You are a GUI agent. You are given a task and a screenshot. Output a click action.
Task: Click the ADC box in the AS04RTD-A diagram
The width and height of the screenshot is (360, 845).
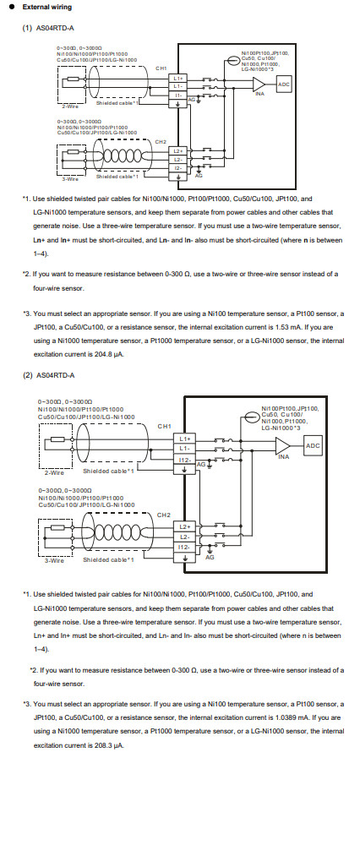pos(284,84)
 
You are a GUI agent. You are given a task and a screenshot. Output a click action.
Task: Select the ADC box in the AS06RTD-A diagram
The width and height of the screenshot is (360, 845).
pos(312,445)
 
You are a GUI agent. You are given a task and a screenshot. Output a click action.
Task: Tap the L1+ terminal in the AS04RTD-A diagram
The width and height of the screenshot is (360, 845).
pos(177,77)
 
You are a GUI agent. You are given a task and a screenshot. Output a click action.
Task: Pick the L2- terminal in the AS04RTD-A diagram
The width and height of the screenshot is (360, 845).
pos(177,159)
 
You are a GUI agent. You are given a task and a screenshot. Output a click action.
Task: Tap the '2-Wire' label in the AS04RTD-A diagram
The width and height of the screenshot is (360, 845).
pos(70,106)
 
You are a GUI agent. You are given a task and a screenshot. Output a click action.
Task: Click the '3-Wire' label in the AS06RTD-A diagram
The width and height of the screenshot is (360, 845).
pos(53,559)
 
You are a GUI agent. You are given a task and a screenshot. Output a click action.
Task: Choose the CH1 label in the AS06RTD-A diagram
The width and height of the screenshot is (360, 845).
pos(165,425)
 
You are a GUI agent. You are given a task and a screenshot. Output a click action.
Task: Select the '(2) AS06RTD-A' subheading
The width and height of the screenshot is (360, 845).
pos(49,375)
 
